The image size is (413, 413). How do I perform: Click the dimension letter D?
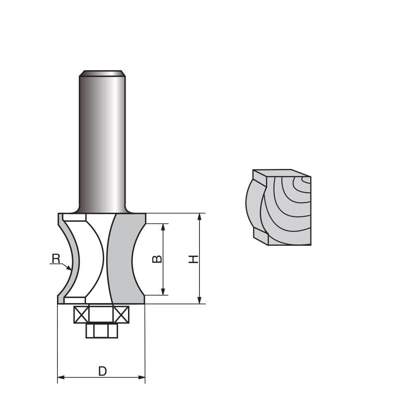coord(102,371)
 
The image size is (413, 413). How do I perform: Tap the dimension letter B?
coord(157,259)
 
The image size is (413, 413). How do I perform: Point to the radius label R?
coord(56,259)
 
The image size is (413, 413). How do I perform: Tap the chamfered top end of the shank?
coord(102,74)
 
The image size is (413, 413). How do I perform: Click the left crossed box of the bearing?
coord(81,315)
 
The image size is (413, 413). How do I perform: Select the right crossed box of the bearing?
coord(121,315)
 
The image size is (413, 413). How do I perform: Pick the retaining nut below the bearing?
coord(102,330)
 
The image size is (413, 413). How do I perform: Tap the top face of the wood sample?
coord(281,173)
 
